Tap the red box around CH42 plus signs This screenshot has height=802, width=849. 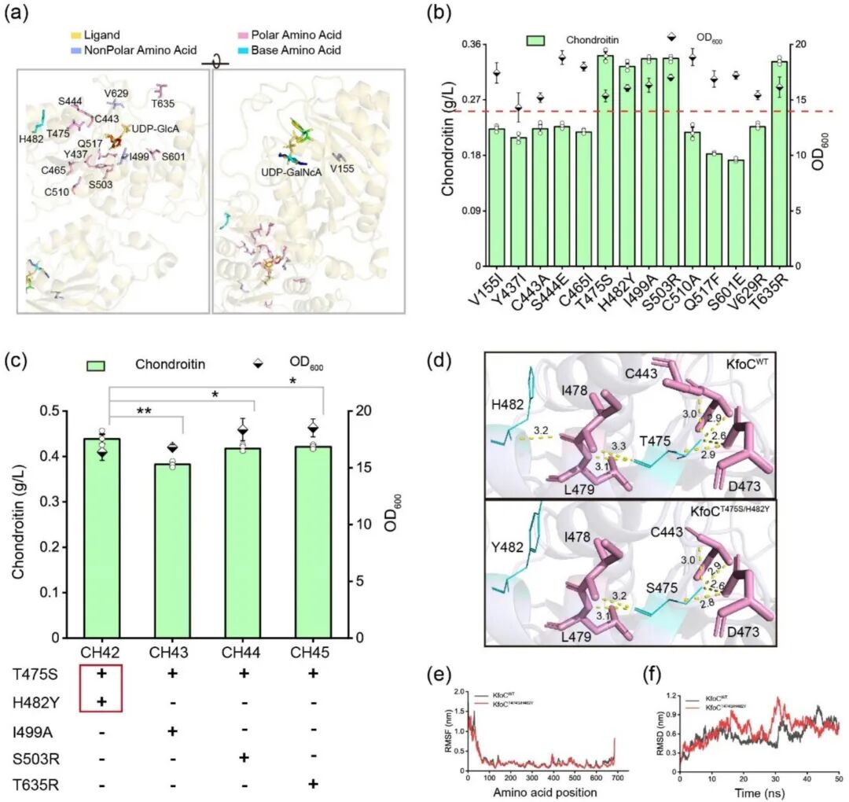click(101, 688)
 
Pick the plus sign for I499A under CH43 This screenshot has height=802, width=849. click(182, 730)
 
